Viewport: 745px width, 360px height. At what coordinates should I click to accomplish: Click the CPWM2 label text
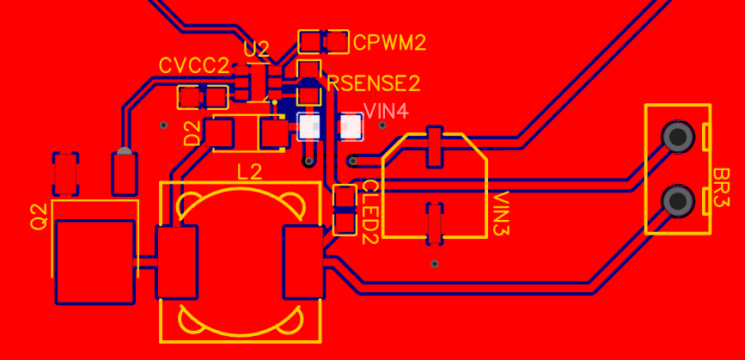point(389,43)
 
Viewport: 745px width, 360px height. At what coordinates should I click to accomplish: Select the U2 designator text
point(256,49)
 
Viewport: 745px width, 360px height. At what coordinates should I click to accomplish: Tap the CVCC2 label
point(194,65)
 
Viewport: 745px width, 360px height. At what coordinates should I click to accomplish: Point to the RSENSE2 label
point(374,83)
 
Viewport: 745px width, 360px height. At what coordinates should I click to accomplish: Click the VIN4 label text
point(386,112)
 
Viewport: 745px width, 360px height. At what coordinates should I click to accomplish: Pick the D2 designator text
point(192,133)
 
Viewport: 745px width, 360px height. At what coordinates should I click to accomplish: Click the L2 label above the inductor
point(249,172)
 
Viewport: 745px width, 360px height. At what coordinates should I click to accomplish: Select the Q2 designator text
point(39,217)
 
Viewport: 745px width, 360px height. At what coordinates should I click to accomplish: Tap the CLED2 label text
point(370,212)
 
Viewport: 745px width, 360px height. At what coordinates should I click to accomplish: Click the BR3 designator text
point(721,187)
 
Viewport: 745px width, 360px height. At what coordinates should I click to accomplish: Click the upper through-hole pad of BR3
point(677,137)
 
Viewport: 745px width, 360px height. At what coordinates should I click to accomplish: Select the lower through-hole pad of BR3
point(677,201)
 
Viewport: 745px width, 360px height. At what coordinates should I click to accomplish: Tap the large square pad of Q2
point(95,262)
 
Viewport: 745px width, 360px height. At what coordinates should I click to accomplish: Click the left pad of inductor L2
point(177,262)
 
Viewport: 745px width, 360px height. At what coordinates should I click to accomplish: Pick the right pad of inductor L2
point(303,262)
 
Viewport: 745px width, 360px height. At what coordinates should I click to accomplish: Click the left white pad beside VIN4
point(308,127)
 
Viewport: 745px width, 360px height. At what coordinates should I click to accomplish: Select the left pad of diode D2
point(219,133)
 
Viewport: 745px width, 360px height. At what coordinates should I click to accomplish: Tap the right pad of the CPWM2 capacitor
point(338,42)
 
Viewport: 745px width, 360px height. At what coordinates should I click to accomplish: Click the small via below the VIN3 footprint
point(434,264)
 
